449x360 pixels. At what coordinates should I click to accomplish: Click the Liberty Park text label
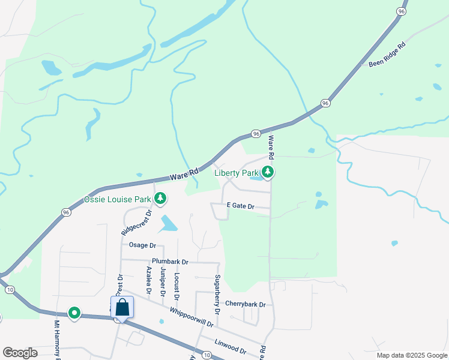[237, 173]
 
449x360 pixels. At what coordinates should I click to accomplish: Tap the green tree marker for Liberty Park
[268, 173]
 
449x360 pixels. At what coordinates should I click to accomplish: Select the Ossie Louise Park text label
[117, 199]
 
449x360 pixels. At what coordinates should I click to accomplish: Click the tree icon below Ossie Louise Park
[160, 197]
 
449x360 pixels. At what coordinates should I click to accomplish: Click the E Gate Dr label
[240, 206]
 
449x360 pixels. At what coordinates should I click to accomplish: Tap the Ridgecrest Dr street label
[137, 221]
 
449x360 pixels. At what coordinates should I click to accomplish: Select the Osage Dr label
[142, 245]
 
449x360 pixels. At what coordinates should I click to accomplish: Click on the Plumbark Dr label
[170, 262]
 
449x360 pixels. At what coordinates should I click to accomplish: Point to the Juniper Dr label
[163, 281]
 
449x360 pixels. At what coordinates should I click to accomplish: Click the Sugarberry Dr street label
[218, 293]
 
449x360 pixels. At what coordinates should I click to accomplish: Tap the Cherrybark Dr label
[245, 304]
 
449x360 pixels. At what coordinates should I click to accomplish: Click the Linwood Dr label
[230, 347]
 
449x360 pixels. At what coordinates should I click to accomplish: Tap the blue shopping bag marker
[122, 308]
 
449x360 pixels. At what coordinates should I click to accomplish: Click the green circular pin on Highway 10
[74, 313]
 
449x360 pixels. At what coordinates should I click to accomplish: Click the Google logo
[20, 353]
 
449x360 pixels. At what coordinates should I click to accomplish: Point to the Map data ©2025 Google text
[411, 355]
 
